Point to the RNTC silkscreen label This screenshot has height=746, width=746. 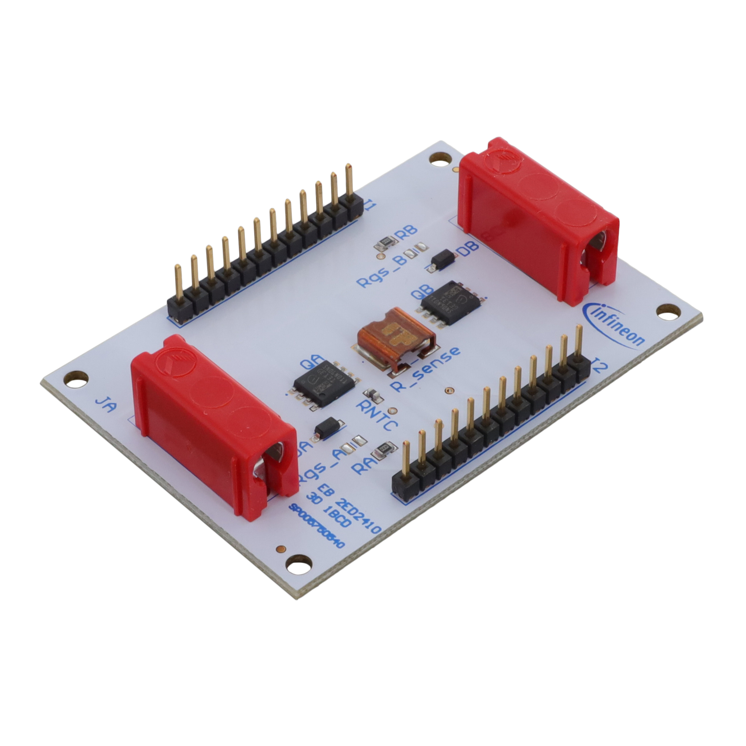[x=377, y=415]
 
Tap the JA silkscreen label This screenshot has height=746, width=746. [x=105, y=405]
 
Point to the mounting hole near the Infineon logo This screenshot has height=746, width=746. [x=665, y=312]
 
